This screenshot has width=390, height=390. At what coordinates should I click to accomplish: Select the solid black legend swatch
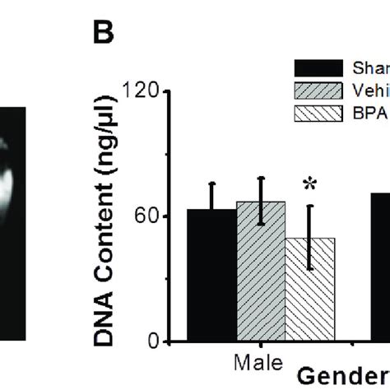point(319,67)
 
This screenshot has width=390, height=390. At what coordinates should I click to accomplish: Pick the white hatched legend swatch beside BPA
point(319,111)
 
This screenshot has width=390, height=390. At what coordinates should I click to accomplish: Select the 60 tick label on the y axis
point(149,216)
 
